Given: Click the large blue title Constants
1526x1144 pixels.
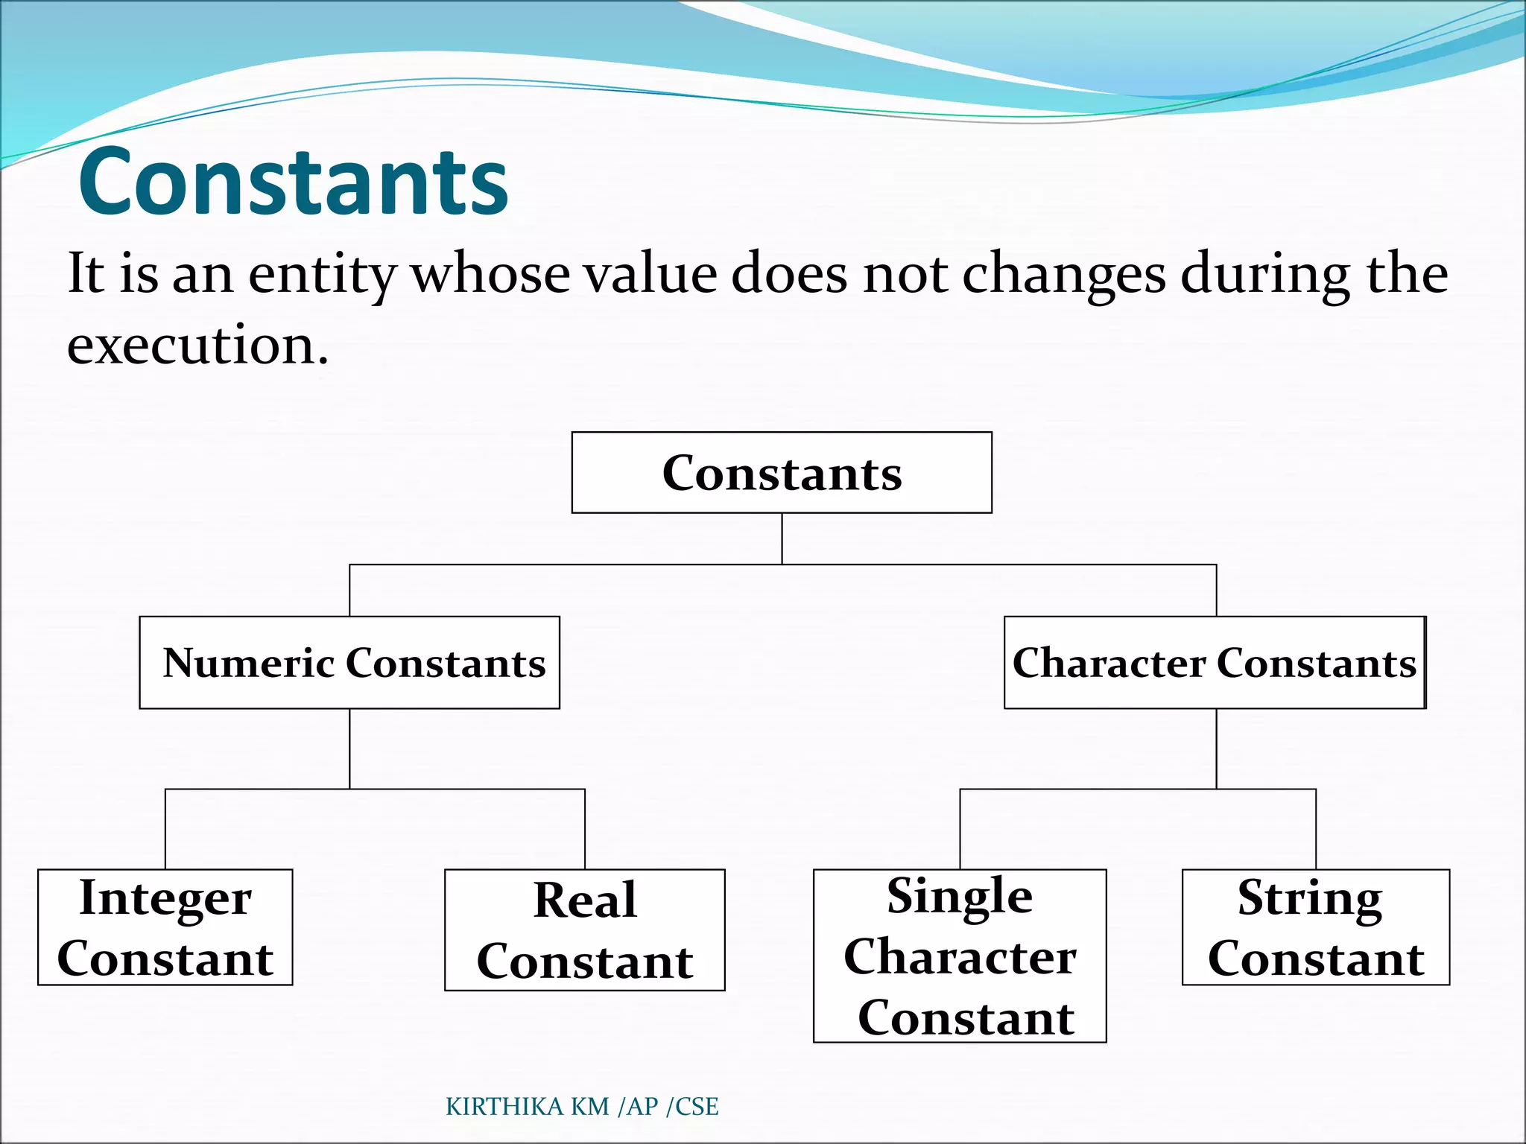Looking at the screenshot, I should (x=293, y=182).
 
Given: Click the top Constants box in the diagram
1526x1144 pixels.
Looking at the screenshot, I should (x=782, y=473).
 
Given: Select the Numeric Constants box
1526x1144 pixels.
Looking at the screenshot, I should (x=349, y=662).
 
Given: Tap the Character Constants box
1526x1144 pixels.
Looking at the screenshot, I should (x=1215, y=662).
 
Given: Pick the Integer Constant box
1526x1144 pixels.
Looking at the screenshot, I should (x=165, y=927).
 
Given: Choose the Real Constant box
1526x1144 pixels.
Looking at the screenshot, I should (x=585, y=929).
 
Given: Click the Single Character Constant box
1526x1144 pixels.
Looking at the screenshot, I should (x=960, y=956).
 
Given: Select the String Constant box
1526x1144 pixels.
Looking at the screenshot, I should (x=1316, y=927).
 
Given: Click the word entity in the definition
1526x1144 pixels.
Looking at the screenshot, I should (x=321, y=274).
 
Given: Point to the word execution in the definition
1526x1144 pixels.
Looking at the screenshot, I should (x=197, y=346).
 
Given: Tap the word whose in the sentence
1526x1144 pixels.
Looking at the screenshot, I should (x=491, y=274).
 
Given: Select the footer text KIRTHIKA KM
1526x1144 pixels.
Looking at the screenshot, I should (x=528, y=1107).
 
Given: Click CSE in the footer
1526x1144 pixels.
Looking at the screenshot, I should (x=697, y=1107).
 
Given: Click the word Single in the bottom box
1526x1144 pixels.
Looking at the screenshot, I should (x=960, y=896).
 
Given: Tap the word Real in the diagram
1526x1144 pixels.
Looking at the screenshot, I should (x=585, y=900).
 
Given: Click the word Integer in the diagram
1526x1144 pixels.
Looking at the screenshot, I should (x=165, y=898).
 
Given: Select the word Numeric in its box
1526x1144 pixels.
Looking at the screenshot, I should (x=248, y=662).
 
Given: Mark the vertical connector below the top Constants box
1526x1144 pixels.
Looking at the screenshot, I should (x=782, y=538).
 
